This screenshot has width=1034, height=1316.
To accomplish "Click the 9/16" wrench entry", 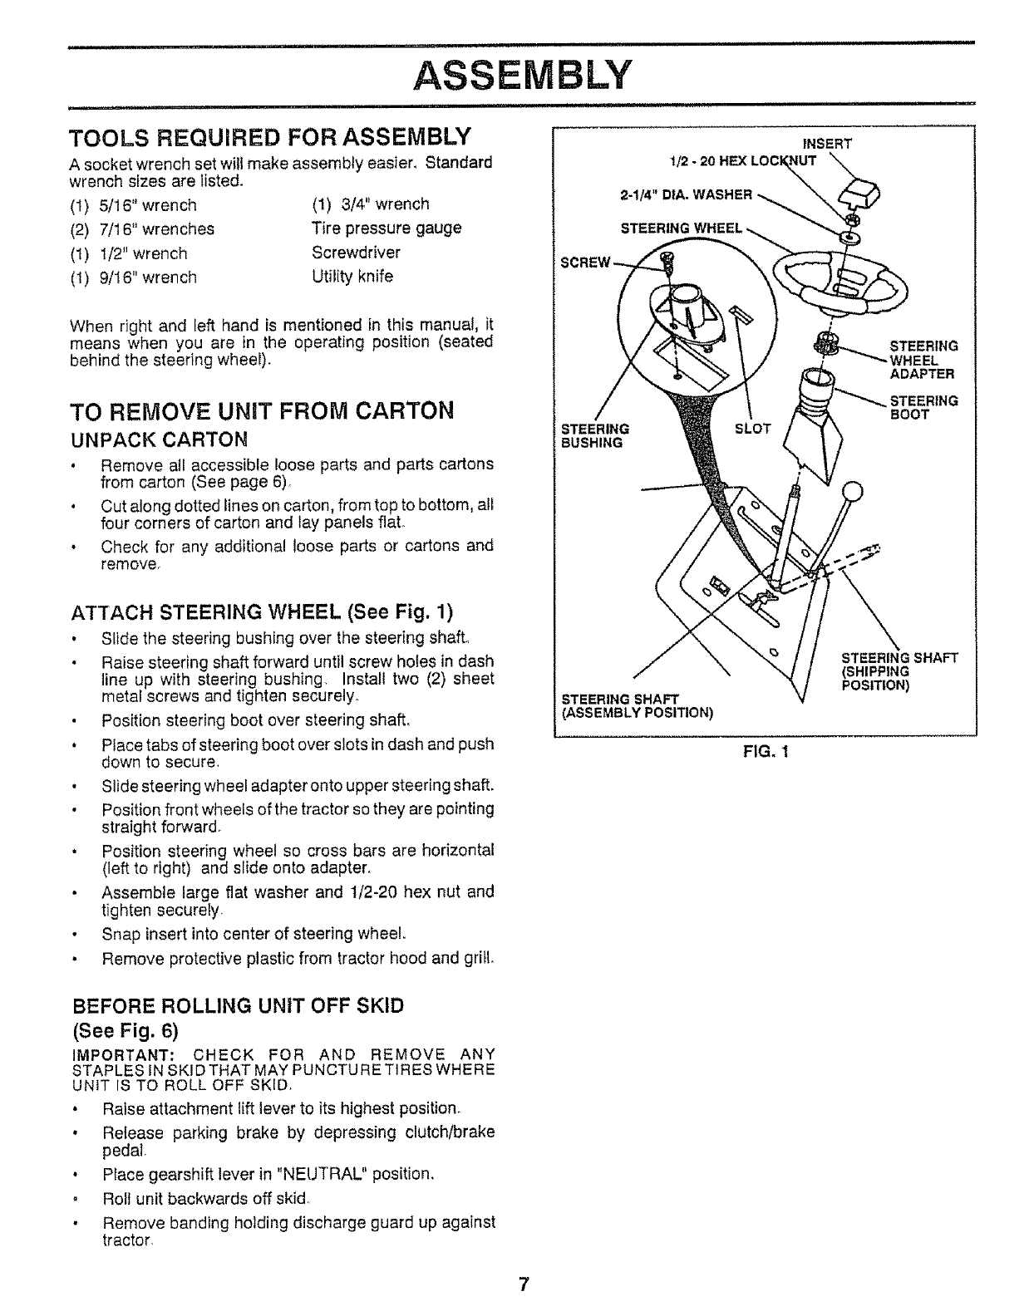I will coord(135,277).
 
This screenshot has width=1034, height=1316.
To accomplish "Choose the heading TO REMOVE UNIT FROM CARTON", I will coord(263,411).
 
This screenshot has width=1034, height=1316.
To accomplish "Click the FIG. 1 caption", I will coord(766,753).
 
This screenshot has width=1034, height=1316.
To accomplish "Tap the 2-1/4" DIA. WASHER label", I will coord(686,194).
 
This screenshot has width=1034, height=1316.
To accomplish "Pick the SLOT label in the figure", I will coord(753,429).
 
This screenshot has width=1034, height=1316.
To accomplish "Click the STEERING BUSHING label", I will coord(595,436).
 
